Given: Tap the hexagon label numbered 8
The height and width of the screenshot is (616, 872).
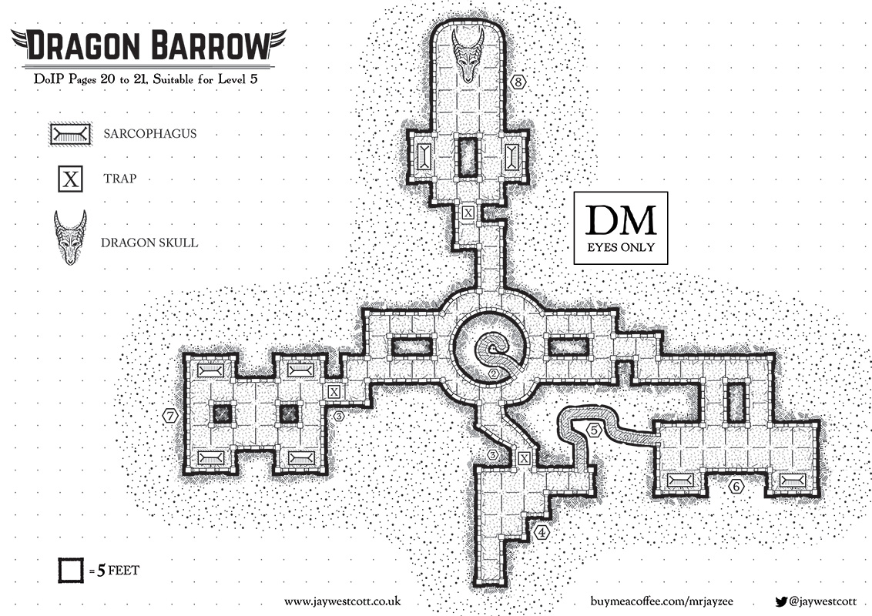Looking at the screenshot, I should coord(519,81).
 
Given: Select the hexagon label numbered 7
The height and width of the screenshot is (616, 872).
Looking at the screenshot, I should coord(171,416).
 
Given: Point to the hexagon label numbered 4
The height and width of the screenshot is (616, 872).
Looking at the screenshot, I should coord(543,531).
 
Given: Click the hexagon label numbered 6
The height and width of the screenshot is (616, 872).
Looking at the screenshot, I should coord(735,487).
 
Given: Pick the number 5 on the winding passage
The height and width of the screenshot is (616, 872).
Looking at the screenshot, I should coord(594,430).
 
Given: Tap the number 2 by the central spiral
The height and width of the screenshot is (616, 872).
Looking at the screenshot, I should coord(493,374).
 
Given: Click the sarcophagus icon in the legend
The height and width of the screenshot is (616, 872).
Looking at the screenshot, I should coord(70,134).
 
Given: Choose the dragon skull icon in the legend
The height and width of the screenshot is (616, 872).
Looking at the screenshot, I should coord(70,237).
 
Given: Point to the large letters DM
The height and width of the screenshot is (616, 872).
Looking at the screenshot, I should coord(620,220).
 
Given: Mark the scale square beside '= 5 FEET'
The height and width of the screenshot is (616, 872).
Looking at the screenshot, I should coord(71,571).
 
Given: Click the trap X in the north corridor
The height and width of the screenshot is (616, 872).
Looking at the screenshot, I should coord(468,212).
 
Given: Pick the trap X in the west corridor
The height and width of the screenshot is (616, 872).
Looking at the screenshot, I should coord(334,392).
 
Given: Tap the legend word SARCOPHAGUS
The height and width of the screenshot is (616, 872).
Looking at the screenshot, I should coord(149,133).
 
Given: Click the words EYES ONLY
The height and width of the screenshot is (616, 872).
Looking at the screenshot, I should coord(620,248).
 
